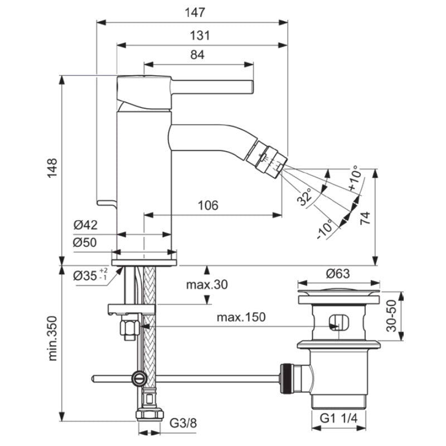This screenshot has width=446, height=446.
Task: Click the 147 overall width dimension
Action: coord(195,12)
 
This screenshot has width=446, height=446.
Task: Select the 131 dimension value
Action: coord(200,36)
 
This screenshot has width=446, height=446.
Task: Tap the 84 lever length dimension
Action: coord(197,55)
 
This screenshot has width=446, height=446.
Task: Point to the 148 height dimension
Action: coord(52,168)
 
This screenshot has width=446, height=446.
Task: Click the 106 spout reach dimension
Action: coord(208,205)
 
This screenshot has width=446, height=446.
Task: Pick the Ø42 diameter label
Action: coord(85,225)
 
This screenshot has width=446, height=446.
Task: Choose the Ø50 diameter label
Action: coord(85,243)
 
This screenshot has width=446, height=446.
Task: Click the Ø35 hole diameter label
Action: coord(90,275)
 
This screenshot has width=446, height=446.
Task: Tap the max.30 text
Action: coord(207,284)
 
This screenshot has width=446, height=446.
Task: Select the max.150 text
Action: coord(241,317)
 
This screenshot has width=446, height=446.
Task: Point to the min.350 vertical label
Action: coord(52,338)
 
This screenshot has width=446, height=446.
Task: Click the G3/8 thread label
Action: coord(183,423)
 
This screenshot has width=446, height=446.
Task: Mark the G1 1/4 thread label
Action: coord(338,419)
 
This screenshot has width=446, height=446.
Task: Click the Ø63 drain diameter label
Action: coord(338,273)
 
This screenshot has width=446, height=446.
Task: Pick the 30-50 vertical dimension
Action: coord(392,316)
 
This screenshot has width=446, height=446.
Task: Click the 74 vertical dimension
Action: coord(366,218)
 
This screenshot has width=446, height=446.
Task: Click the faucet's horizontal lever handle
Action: coord(212,87)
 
